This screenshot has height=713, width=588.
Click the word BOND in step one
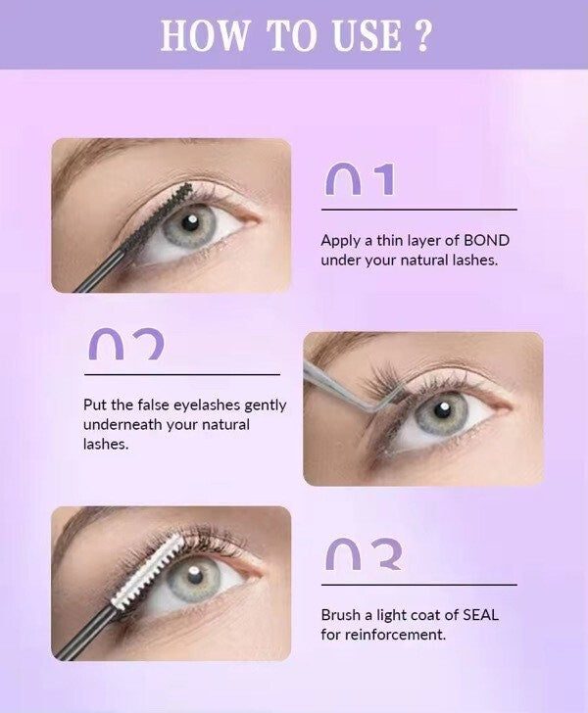(x=486, y=240)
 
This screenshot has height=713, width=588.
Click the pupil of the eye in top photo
(x=190, y=221)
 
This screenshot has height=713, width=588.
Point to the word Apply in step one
(x=340, y=240)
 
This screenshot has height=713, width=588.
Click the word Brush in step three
(x=340, y=615)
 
